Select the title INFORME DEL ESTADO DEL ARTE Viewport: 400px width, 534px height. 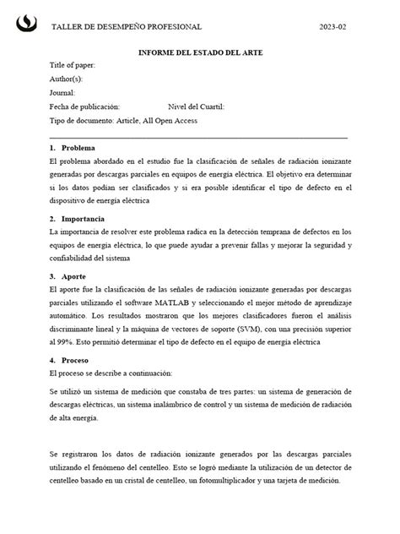200,52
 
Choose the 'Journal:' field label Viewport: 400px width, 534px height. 63,93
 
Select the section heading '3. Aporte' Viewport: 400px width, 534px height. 68,276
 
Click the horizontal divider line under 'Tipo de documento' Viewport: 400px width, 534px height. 198,136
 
